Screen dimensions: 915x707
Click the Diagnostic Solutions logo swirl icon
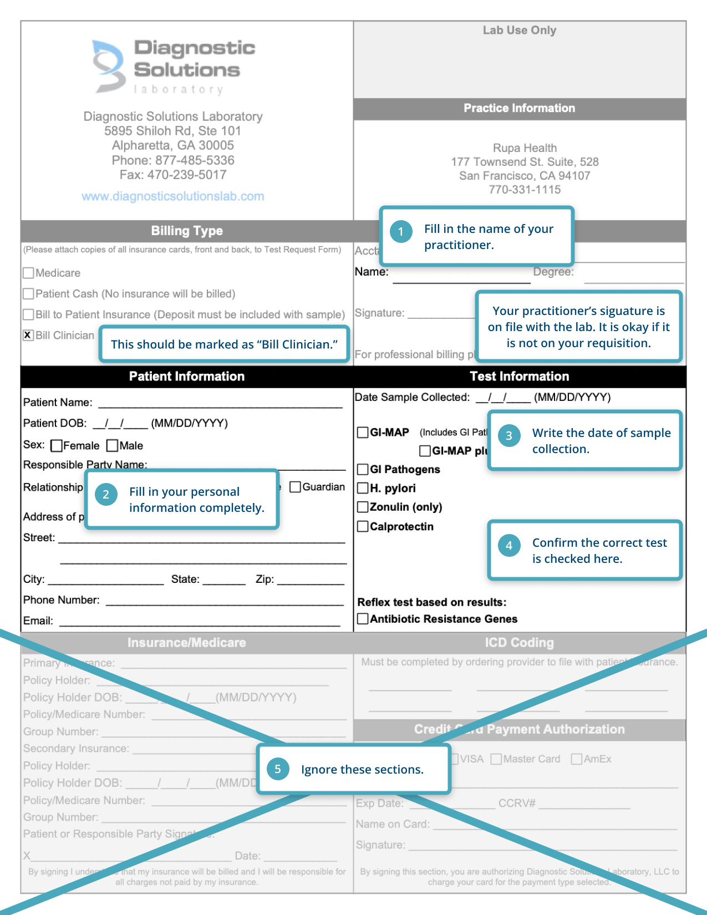(x=109, y=65)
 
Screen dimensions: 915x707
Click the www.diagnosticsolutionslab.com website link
(x=172, y=196)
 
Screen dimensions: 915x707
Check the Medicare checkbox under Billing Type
(x=28, y=273)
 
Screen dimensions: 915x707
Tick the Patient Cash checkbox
(x=28, y=293)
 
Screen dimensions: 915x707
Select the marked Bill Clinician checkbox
(x=28, y=335)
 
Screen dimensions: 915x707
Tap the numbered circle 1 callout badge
(x=401, y=232)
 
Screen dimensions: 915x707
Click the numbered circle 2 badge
(x=106, y=494)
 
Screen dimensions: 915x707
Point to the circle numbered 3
(x=509, y=435)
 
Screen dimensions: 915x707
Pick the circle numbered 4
(x=509, y=545)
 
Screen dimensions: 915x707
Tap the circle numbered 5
(x=278, y=769)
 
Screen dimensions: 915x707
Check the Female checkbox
(x=56, y=446)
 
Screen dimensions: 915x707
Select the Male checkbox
(x=113, y=445)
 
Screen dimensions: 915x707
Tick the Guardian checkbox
(x=296, y=487)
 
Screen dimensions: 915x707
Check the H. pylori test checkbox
(x=363, y=488)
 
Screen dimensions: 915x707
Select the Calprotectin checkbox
(x=363, y=526)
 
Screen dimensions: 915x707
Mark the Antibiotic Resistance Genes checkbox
(x=363, y=618)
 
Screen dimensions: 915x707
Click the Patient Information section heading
(x=187, y=377)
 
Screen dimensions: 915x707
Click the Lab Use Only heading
(x=519, y=30)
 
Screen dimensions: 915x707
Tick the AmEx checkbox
(x=577, y=759)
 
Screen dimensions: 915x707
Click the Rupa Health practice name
(x=525, y=148)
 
